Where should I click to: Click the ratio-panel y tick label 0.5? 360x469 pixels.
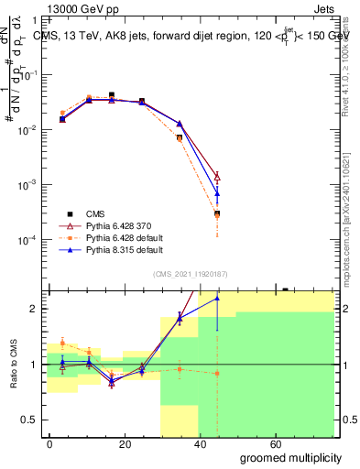tap(29, 420)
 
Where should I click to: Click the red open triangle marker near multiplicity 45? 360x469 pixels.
tap(217, 176)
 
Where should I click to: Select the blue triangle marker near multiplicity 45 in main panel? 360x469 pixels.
tap(217, 192)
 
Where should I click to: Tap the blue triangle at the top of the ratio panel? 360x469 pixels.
tap(217, 298)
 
